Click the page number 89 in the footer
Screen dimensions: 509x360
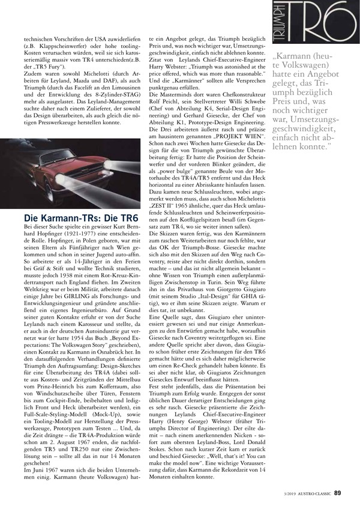(338, 493)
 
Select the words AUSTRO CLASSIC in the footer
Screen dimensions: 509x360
(314, 494)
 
